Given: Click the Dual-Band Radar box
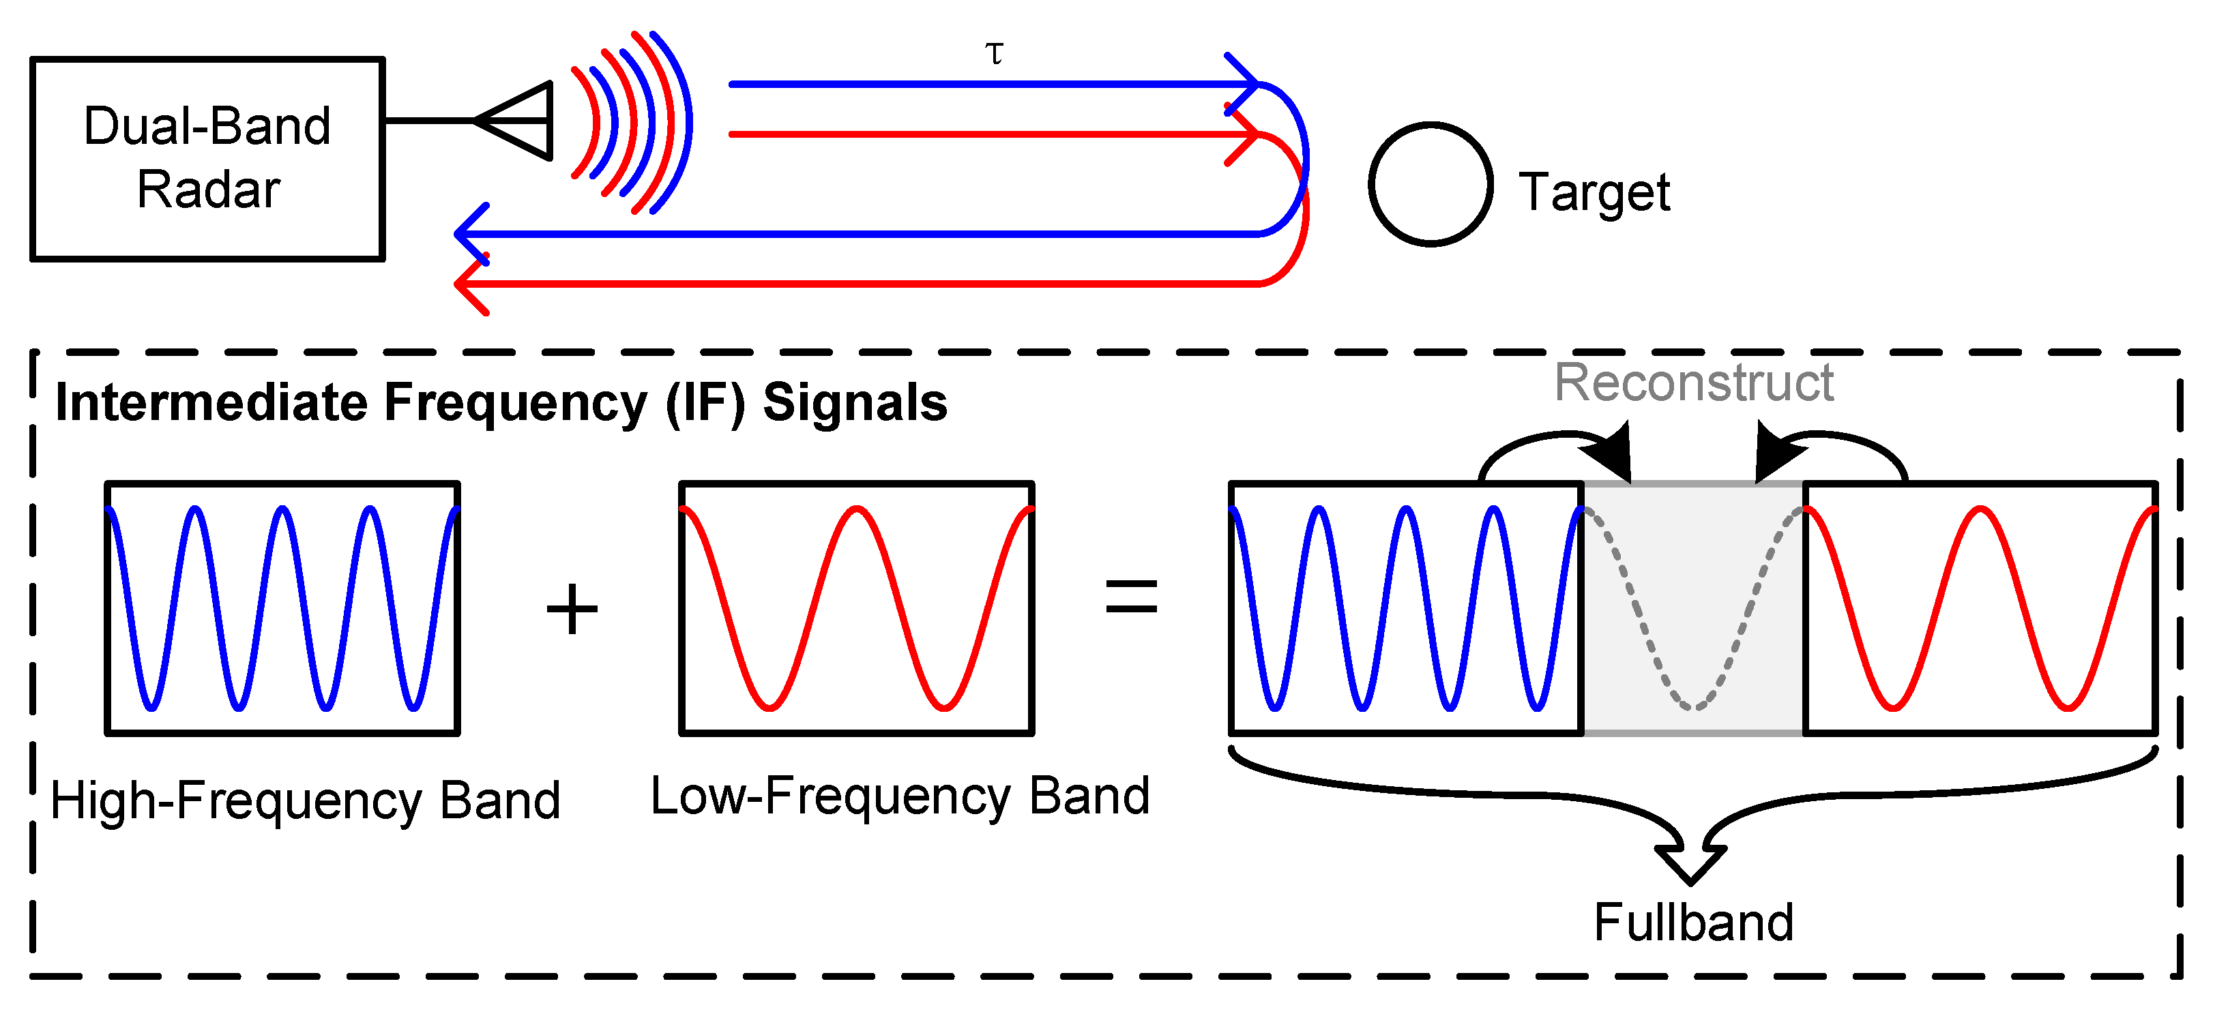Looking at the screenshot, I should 207,158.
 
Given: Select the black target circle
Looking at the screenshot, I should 1430,184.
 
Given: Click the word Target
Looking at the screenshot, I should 1594,192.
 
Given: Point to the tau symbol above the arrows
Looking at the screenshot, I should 994,54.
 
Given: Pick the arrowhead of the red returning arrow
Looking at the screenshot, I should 469,284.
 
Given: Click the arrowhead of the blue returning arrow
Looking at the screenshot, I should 469,233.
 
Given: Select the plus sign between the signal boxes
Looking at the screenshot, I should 572,609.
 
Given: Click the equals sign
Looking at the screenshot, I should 1131,597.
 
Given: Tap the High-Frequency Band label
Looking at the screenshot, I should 305,800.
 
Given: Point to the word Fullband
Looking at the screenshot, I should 1693,923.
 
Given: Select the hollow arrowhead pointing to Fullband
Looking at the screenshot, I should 1690,864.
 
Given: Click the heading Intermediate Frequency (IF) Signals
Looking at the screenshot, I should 501,402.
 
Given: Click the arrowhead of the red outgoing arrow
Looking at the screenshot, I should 1247,134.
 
